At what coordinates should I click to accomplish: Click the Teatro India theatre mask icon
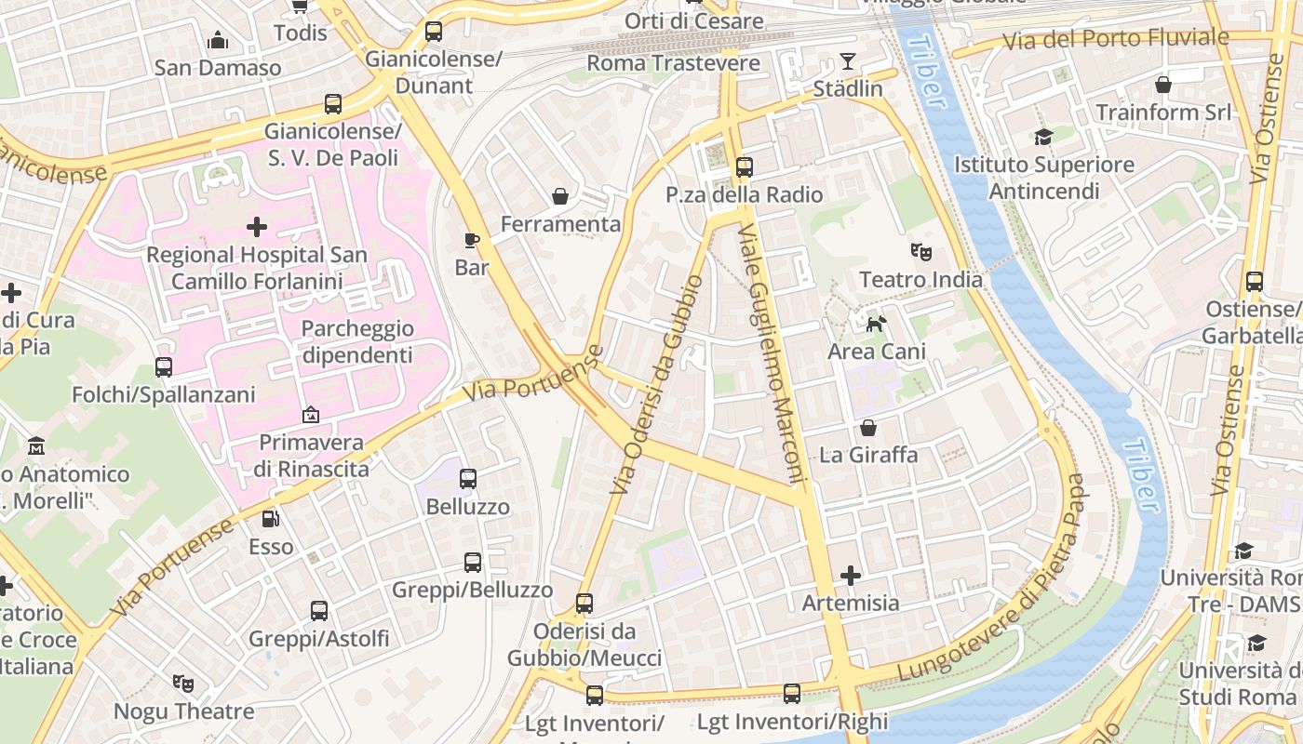(x=921, y=251)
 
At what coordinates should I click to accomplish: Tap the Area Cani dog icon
(x=877, y=324)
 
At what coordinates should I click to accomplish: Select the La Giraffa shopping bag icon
(x=868, y=428)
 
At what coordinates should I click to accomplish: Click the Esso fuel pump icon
(x=270, y=519)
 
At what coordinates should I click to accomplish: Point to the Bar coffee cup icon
(x=472, y=240)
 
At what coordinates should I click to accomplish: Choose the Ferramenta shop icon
(x=560, y=196)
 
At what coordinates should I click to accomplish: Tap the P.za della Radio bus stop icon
(x=744, y=167)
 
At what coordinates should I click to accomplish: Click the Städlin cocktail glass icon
(x=847, y=61)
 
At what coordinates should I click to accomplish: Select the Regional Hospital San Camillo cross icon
(x=256, y=226)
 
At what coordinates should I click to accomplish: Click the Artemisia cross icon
(x=851, y=576)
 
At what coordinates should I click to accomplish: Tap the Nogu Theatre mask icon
(x=183, y=684)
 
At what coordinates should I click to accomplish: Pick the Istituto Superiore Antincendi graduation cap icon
(x=1043, y=138)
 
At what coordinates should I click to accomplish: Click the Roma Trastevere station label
(x=673, y=63)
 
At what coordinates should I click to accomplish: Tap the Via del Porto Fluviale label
(x=1115, y=39)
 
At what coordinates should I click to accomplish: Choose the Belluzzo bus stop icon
(x=468, y=479)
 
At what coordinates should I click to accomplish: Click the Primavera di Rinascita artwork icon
(x=311, y=415)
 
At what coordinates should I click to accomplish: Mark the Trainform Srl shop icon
(x=1163, y=85)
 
